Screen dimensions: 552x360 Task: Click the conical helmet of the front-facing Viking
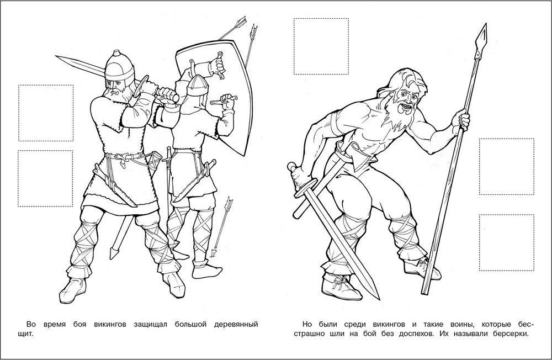click(x=120, y=66)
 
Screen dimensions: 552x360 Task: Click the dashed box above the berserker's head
click(x=321, y=46)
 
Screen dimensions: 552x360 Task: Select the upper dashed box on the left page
click(x=46, y=113)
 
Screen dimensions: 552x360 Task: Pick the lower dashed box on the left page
click(x=46, y=178)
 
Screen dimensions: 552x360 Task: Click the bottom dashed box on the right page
click(x=506, y=243)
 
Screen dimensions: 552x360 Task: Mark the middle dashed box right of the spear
click(x=506, y=167)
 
